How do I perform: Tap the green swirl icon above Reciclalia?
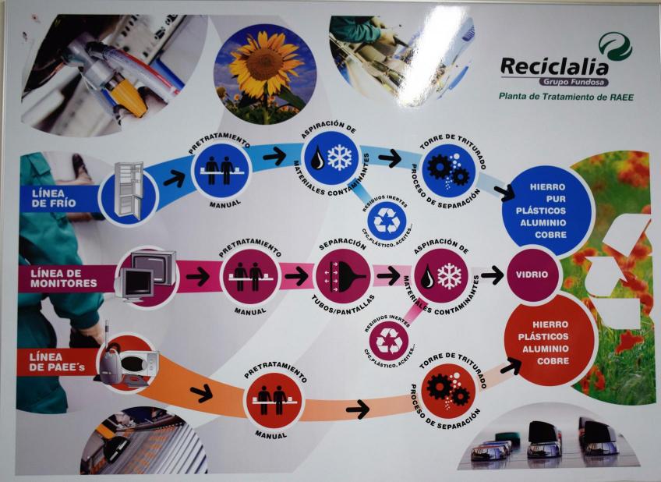click(x=615, y=46)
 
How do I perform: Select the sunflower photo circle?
click(x=265, y=74)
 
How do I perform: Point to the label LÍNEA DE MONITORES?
click(x=64, y=278)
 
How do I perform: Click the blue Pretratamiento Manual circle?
click(x=219, y=172)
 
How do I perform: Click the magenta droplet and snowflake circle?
click(x=442, y=275)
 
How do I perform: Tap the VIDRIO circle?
click(x=532, y=275)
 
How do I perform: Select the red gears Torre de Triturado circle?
click(x=448, y=390)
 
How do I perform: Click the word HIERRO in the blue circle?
click(x=547, y=188)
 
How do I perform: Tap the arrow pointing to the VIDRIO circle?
click(x=492, y=275)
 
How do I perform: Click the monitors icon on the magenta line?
click(x=147, y=275)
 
